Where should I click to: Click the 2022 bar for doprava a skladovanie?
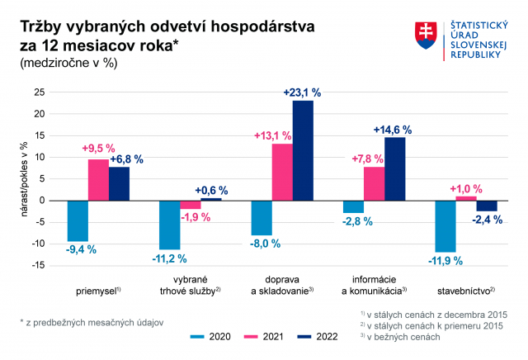pyautogui.click(x=303, y=150)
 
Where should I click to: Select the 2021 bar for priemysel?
pyautogui.click(x=98, y=180)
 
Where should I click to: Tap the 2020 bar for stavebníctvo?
pyautogui.click(x=445, y=226)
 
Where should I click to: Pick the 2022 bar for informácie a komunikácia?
pyautogui.click(x=394, y=169)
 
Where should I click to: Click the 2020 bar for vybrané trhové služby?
pyautogui.click(x=170, y=225)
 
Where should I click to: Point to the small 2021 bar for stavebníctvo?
pyautogui.click(x=466, y=198)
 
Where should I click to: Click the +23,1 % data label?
pyautogui.click(x=302, y=92)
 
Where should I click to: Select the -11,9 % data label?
pyautogui.click(x=445, y=261)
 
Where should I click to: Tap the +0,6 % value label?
pyautogui.click(x=211, y=191)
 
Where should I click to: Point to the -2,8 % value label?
pyautogui.click(x=357, y=221)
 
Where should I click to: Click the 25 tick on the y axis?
pyautogui.click(x=40, y=92)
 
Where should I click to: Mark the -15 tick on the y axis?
pyautogui.click(x=39, y=265)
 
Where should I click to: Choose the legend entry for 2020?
pyautogui.click(x=210, y=336)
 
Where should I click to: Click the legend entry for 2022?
pyautogui.click(x=318, y=336)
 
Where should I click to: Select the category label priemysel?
pyautogui.click(x=98, y=291)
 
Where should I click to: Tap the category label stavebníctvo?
pyautogui.click(x=466, y=291)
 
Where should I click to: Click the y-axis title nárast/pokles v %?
pyautogui.click(x=24, y=179)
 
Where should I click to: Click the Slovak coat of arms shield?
pyautogui.click(x=426, y=36)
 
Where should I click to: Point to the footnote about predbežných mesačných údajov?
pyautogui.click(x=92, y=323)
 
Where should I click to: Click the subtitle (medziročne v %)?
pyautogui.click(x=68, y=63)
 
